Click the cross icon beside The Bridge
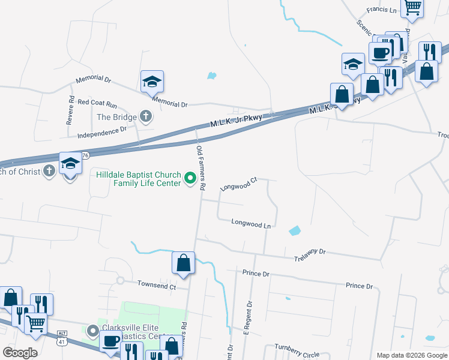(x=145, y=116)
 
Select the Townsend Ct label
(x=156, y=285)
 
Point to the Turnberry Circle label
(x=297, y=351)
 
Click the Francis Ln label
(x=382, y=10)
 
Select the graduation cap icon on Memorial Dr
(x=152, y=82)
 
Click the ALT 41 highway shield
(x=62, y=337)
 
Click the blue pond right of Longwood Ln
(x=294, y=230)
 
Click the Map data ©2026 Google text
(x=411, y=355)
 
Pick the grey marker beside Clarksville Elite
(x=92, y=331)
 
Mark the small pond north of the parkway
(x=211, y=76)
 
